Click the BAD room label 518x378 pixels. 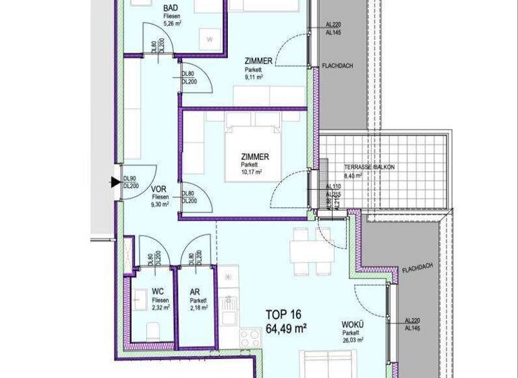click(x=171, y=9)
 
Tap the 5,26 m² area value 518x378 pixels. click(x=173, y=24)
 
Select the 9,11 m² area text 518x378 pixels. click(x=254, y=77)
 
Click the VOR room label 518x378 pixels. click(x=159, y=189)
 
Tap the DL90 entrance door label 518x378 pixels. click(x=130, y=178)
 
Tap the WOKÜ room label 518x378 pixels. click(x=351, y=325)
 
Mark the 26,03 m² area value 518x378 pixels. click(x=352, y=340)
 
